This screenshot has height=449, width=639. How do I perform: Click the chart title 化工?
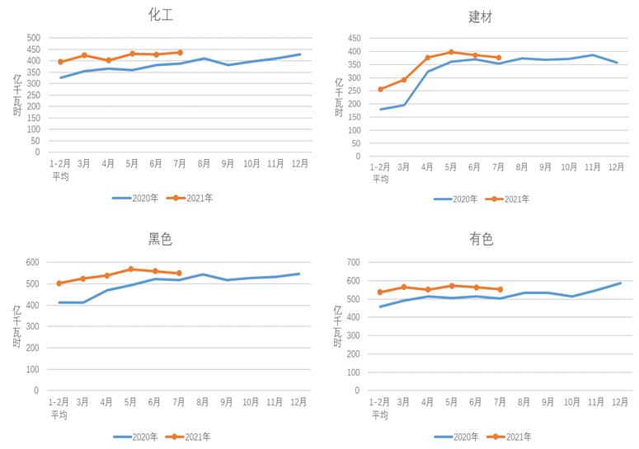point(160,14)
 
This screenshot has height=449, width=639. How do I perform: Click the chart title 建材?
point(481,16)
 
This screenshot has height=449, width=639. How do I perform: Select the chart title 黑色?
point(160,239)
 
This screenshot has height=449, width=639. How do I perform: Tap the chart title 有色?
point(481,239)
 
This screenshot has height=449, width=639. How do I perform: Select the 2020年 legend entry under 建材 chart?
point(455,199)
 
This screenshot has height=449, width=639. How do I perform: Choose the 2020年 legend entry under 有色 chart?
point(455,437)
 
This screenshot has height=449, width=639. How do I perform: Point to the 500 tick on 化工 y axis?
point(33,38)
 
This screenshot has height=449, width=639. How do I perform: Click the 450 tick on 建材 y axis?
point(354,38)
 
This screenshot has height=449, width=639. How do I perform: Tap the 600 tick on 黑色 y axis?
point(33,262)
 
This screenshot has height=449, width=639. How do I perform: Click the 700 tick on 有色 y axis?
point(354,262)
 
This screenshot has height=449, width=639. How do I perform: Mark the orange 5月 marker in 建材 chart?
point(451,52)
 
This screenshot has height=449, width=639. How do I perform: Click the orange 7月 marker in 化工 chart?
point(180,53)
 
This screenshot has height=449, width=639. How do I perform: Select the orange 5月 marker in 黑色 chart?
point(130,269)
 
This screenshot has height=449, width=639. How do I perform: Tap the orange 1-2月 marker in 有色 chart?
point(380,292)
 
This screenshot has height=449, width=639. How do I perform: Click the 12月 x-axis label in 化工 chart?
point(299,164)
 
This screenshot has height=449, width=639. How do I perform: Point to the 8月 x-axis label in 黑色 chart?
point(204,402)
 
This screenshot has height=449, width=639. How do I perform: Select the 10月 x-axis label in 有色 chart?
point(569,402)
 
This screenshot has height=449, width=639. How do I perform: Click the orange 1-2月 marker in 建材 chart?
point(380,89)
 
